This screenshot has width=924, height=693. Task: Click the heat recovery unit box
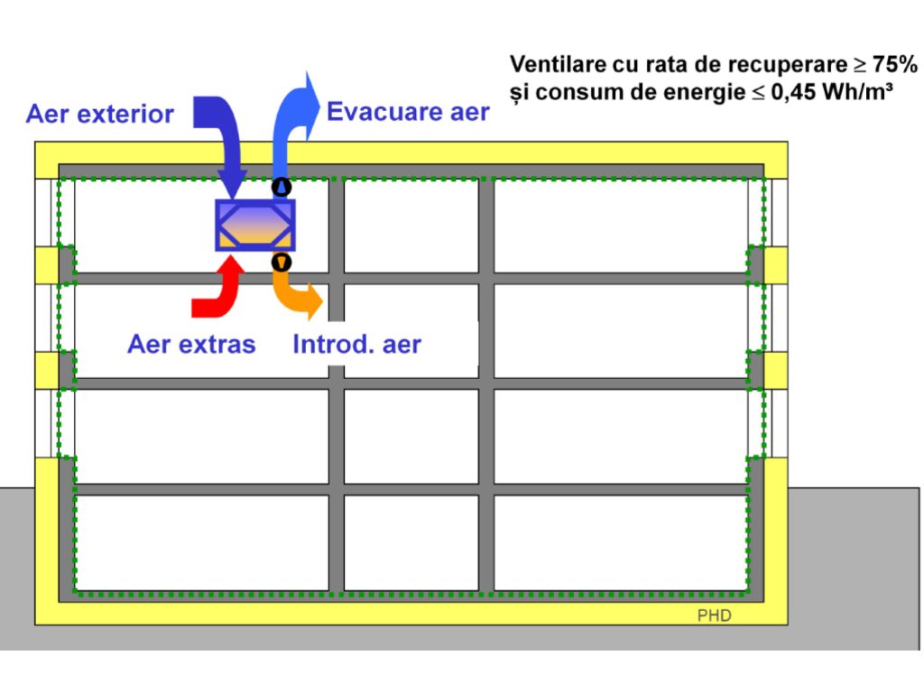pos(255,225)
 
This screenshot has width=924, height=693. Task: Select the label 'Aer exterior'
pos(99,115)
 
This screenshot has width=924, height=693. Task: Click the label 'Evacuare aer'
pos(408,112)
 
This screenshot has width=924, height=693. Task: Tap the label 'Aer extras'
pos(191,344)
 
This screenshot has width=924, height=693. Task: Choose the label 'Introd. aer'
pos(357,344)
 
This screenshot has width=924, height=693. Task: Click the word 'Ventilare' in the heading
pos(550,64)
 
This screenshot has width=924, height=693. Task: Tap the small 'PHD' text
pos(714,616)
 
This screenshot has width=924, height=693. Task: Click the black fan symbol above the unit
pos(282,188)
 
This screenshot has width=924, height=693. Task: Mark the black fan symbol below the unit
pos(282,263)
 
